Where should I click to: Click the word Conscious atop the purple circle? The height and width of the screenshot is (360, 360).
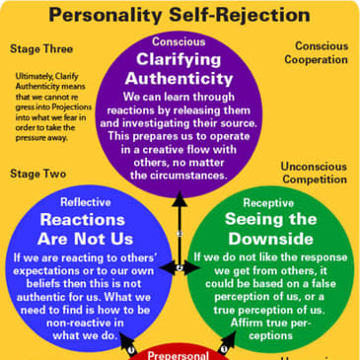tap(179, 41)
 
